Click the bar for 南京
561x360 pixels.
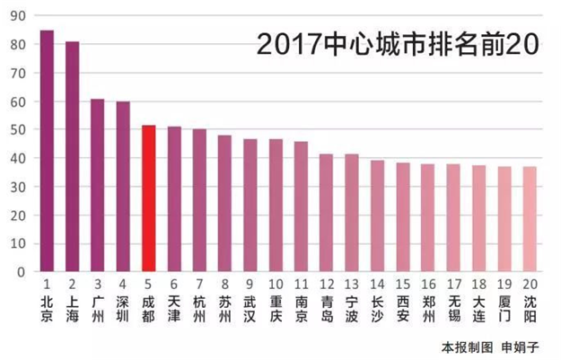[302, 206]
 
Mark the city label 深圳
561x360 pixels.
[123, 308]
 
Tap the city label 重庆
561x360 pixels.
[276, 308]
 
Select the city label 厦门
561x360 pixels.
[505, 308]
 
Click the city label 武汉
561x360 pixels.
[250, 308]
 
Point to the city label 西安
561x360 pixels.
[403, 308]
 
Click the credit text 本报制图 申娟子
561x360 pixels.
[492, 346]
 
